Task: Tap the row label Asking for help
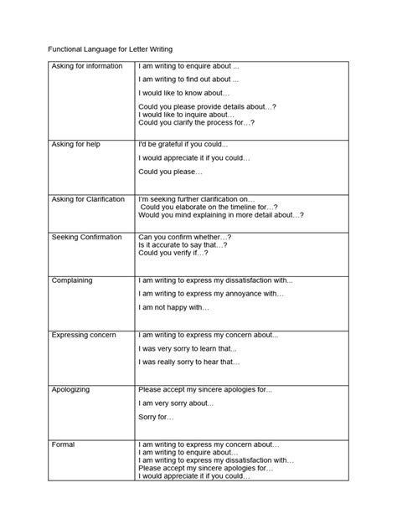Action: (77, 144)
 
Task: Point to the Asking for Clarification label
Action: (88, 199)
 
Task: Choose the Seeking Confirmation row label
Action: (86, 238)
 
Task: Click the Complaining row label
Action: (72, 280)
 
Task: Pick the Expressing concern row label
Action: (84, 334)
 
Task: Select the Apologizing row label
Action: (71, 389)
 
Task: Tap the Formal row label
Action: (64, 444)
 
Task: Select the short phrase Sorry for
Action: (157, 417)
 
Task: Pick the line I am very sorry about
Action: (178, 403)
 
